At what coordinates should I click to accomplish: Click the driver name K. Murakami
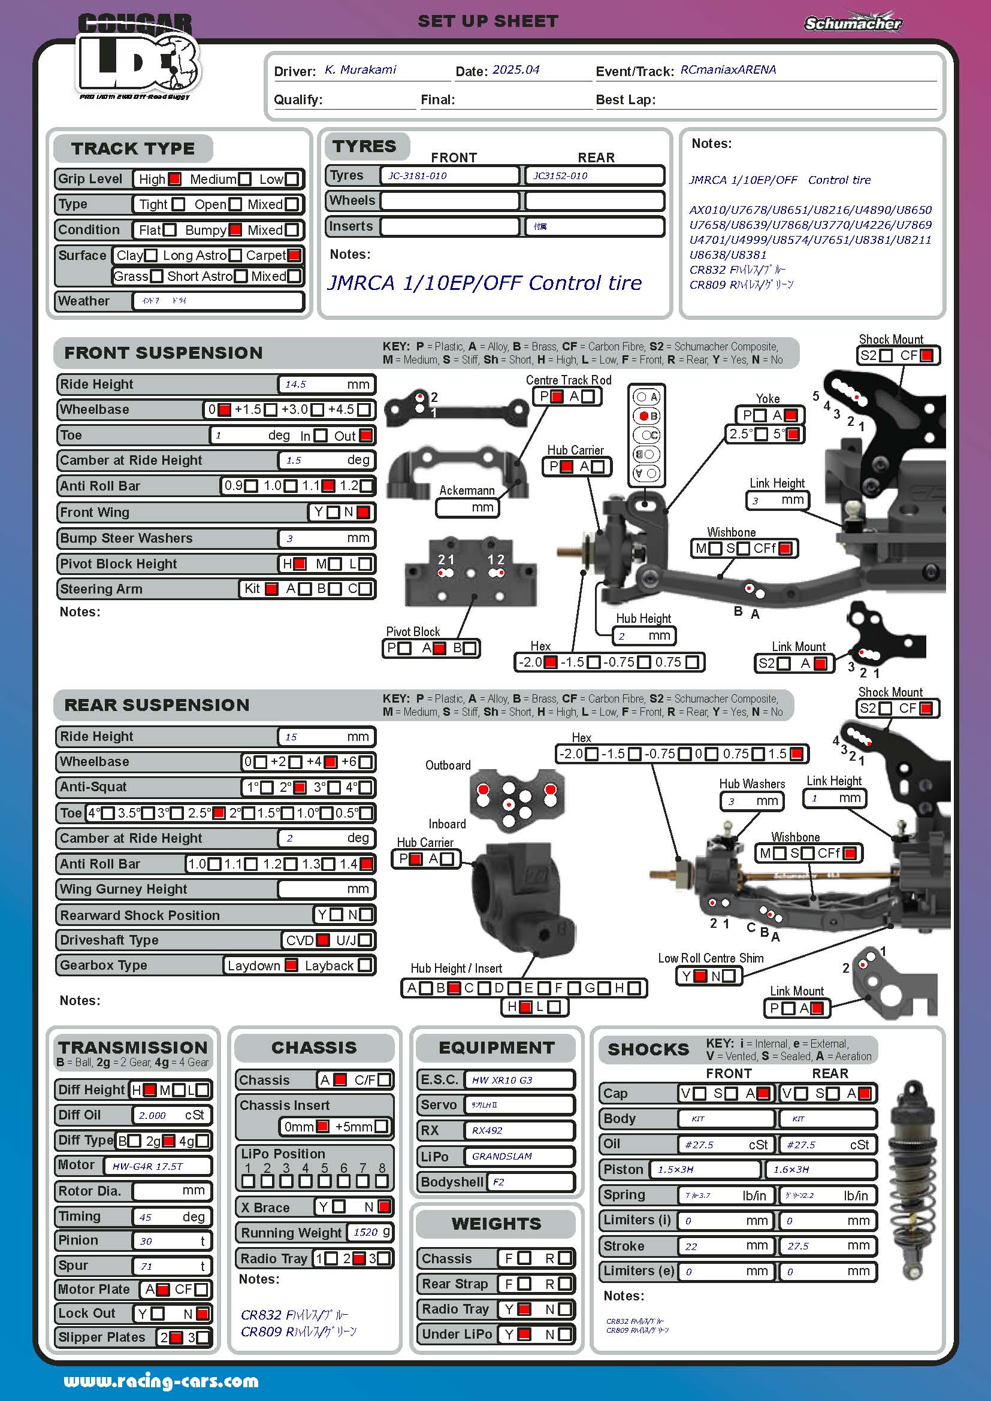point(360,69)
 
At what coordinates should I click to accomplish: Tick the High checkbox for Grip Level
point(174,178)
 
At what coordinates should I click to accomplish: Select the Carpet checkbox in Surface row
point(294,255)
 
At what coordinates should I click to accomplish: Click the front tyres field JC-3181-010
point(449,175)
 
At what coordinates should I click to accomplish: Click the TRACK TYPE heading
point(132,149)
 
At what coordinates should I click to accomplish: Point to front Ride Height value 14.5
point(296,385)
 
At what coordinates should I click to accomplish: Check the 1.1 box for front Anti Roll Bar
point(328,486)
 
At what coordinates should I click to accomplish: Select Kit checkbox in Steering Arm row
point(271,589)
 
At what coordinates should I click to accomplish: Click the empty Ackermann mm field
point(467,508)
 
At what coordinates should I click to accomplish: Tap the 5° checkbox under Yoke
point(793,434)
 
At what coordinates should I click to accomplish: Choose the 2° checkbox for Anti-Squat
point(300,788)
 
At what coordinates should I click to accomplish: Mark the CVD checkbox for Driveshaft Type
point(324,940)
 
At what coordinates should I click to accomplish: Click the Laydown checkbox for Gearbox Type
point(292,966)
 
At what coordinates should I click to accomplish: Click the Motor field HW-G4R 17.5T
point(157,1166)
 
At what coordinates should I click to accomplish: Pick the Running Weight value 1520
point(365,1232)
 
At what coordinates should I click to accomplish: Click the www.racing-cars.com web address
point(161,1381)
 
